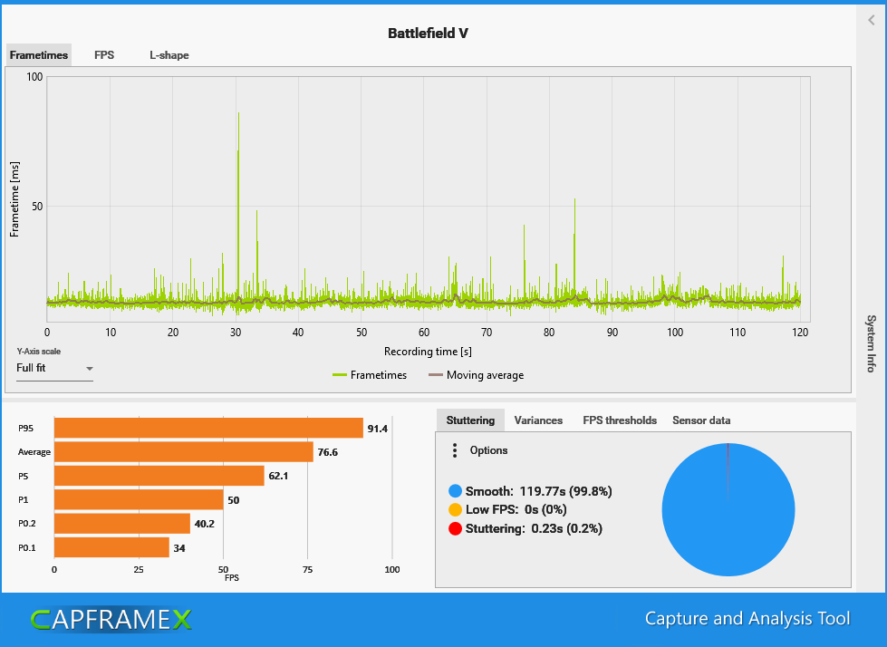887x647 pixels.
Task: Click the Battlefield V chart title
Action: [428, 34]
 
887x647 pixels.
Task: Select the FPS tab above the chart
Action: [104, 55]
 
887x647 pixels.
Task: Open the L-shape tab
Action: [169, 55]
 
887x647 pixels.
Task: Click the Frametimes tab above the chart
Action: [39, 55]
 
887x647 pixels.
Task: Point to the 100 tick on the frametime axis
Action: [34, 77]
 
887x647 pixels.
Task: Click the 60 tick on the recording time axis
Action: [424, 333]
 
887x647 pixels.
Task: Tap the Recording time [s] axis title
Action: [428, 351]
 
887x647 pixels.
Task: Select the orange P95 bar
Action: [208, 428]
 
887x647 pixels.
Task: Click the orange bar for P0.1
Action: [111, 547]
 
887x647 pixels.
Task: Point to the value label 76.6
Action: [328, 452]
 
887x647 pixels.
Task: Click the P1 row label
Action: [24, 499]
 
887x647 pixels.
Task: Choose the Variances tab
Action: [538, 420]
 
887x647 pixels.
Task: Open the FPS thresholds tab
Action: [620, 420]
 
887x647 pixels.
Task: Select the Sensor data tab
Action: [701, 420]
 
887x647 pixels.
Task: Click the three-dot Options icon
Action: [454, 450]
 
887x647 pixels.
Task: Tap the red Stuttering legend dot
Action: [455, 528]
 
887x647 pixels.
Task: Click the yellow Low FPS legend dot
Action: [455, 509]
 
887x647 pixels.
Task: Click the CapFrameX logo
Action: [111, 619]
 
